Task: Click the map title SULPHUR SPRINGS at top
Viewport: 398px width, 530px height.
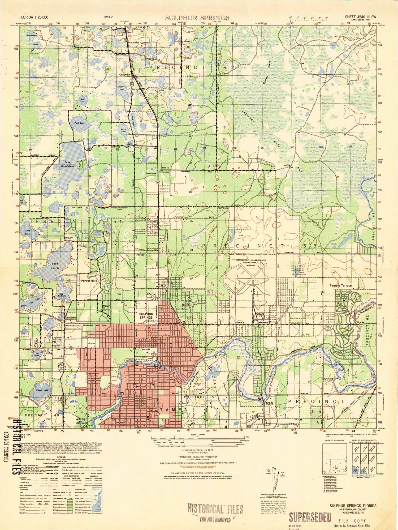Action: tap(197, 18)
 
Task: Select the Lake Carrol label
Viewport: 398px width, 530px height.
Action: tap(55, 266)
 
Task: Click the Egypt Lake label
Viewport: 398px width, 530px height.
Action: tap(42, 390)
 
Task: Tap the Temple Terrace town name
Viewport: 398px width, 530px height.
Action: tap(340, 285)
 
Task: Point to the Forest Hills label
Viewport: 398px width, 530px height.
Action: tap(89, 281)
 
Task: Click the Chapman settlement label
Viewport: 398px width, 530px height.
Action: tap(124, 75)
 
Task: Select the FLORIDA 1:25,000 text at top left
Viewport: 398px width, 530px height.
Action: tap(34, 17)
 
